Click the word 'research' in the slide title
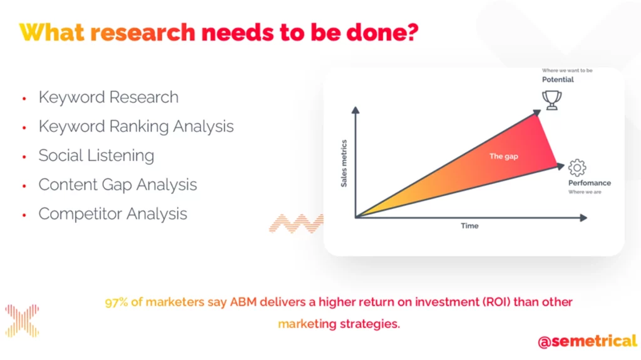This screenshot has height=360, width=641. click(143, 33)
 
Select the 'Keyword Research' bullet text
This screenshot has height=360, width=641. click(109, 98)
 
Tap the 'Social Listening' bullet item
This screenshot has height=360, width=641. click(96, 156)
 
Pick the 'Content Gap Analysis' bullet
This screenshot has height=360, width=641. click(118, 185)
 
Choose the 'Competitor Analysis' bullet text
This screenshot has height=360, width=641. click(113, 214)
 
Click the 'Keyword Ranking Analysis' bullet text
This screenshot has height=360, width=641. click(136, 127)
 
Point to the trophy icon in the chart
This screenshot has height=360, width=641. click(552, 100)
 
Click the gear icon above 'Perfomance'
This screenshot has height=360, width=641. click(577, 168)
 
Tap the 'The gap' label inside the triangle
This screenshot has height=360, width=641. click(504, 157)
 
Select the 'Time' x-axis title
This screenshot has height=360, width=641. click(469, 226)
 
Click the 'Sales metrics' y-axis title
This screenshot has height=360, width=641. click(344, 163)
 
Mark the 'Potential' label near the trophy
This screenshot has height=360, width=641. click(558, 80)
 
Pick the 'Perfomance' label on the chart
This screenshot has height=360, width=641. click(590, 183)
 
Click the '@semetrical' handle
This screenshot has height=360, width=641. click(587, 341)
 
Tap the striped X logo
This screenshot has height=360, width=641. click(22, 321)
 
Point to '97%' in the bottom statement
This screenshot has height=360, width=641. click(116, 302)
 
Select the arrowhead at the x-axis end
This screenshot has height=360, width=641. click(584, 218)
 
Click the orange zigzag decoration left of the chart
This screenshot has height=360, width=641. click(296, 224)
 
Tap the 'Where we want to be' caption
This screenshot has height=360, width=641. click(567, 70)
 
